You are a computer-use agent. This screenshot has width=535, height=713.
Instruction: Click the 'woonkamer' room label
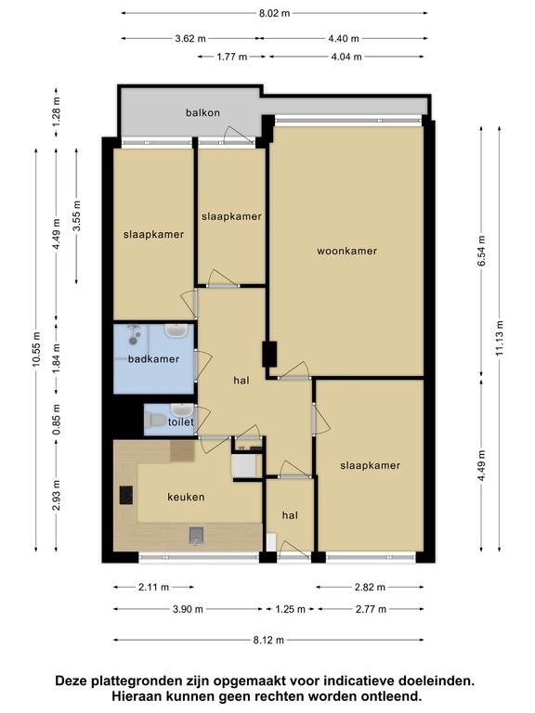(346, 251)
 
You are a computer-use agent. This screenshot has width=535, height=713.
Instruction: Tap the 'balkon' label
(202, 112)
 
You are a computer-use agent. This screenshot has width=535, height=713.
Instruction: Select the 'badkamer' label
(153, 359)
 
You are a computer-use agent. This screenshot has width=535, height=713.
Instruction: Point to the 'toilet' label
(180, 422)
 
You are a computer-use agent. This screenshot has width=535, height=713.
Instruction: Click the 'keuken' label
(186, 497)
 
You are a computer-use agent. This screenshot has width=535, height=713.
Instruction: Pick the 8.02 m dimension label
(274, 13)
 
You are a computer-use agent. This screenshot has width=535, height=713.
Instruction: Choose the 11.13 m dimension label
(500, 338)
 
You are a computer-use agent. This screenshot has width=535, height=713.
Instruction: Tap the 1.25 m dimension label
(290, 609)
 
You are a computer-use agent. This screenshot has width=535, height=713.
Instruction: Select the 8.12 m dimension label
(268, 641)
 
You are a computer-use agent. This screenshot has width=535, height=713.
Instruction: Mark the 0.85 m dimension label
(57, 420)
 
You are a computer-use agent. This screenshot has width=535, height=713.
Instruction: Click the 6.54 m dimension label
(481, 251)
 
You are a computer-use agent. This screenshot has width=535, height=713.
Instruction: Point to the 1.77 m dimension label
(232, 57)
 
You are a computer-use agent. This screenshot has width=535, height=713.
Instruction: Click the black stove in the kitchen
(126, 495)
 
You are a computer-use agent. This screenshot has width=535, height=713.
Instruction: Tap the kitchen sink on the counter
(196, 535)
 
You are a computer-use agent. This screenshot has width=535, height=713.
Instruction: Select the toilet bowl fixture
(156, 421)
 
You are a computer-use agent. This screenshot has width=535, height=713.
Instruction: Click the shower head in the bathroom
(134, 334)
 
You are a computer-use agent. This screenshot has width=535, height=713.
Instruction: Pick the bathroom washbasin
(176, 331)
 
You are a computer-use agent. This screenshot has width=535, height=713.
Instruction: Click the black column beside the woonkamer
(269, 355)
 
